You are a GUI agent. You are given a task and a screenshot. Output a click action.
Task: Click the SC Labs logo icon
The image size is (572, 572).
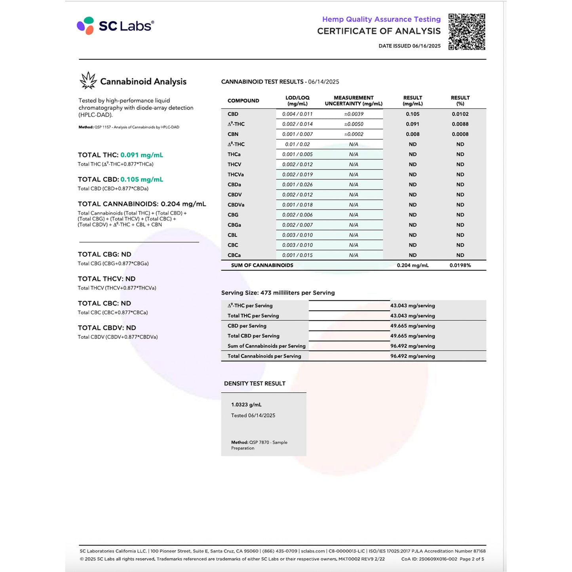[x=86, y=26]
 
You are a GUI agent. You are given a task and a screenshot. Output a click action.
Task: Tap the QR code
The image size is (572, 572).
[x=467, y=32]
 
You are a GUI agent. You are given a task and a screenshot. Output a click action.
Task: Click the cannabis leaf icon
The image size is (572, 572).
[x=88, y=80]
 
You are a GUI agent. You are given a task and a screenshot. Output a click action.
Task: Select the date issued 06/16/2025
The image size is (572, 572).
[x=409, y=46]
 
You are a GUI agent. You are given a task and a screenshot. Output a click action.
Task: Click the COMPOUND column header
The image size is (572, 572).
[x=243, y=101]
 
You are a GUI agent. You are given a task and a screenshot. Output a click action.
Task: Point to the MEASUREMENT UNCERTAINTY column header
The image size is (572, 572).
[x=353, y=101]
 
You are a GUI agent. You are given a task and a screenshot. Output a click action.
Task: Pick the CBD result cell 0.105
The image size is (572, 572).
[x=412, y=114]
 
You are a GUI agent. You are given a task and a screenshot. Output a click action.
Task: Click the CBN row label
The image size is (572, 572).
[x=233, y=134]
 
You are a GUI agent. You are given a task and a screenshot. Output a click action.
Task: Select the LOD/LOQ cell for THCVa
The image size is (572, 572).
[x=297, y=175]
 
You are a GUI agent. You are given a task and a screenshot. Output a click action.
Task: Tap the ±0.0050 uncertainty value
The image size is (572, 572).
[x=353, y=124]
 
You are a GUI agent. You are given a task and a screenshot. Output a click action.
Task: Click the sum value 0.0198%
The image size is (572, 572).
[x=460, y=265]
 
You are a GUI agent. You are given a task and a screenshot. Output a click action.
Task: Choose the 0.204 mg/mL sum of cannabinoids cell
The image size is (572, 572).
[x=412, y=265]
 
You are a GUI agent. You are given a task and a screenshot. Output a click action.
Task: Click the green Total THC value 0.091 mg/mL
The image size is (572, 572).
[x=142, y=155]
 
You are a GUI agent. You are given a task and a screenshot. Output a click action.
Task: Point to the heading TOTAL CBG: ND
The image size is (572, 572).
[x=105, y=255]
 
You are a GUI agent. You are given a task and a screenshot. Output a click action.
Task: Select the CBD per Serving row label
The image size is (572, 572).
[x=247, y=326]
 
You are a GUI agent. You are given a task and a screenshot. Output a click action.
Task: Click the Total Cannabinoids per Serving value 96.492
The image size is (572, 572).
[x=412, y=356]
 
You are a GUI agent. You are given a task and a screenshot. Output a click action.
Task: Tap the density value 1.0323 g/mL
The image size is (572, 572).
[x=246, y=405]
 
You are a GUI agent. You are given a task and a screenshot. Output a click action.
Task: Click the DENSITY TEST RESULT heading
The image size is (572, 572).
[x=255, y=384]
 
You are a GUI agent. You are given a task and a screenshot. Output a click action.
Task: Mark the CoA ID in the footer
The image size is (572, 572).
[x=429, y=559]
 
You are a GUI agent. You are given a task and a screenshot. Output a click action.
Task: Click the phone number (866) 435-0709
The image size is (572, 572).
[x=280, y=551]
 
